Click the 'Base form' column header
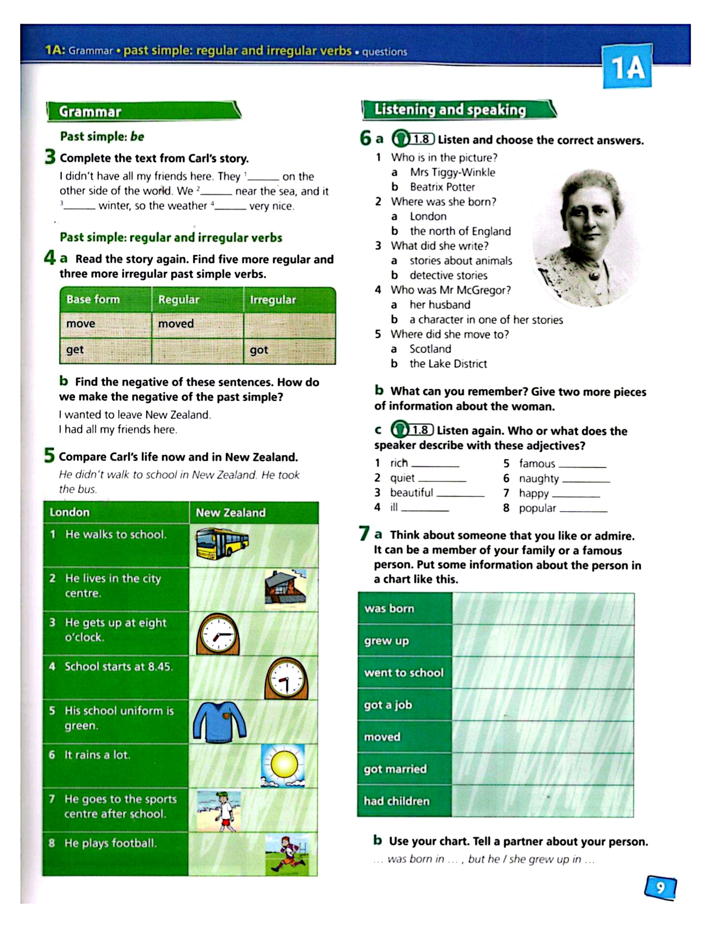click(93, 300)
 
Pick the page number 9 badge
click(660, 887)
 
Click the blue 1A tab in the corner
click(627, 68)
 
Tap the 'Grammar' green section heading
click(90, 112)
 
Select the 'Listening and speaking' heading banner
click(450, 110)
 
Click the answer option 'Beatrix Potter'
click(442, 187)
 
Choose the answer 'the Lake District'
click(448, 364)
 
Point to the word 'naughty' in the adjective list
click(539, 479)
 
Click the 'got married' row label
click(395, 769)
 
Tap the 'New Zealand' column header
click(231, 512)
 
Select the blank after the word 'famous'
click(582, 465)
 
